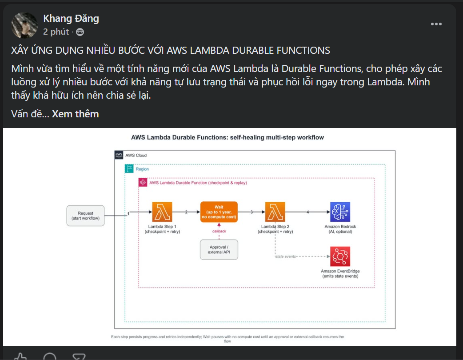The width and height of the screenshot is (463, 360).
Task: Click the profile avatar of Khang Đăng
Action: coord(24,25)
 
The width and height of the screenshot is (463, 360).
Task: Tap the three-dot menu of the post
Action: coord(436,24)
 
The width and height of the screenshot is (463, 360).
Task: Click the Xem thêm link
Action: coord(75,114)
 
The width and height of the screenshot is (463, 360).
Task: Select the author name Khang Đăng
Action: coord(71,18)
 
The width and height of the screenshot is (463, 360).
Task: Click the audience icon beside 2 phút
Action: coord(80,32)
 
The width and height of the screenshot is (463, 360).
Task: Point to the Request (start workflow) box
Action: coord(85,216)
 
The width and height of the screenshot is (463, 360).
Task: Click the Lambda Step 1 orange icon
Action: coord(162,212)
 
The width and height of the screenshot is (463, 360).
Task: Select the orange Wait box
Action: coord(219,212)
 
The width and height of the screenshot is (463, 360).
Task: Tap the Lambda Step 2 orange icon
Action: coord(275,212)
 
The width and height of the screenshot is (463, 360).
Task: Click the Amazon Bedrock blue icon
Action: coord(340,212)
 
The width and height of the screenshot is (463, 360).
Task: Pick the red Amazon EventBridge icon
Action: coord(340,256)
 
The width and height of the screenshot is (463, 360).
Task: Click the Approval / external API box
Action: coord(219,249)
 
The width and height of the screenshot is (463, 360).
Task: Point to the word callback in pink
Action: coord(219,231)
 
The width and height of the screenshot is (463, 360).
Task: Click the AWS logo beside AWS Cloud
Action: coord(119,155)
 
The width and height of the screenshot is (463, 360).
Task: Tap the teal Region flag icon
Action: coord(129,168)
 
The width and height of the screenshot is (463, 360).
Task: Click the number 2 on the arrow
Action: coord(186,212)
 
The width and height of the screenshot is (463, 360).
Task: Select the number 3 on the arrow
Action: coord(251,212)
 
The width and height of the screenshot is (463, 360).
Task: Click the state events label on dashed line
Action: coord(286,256)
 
